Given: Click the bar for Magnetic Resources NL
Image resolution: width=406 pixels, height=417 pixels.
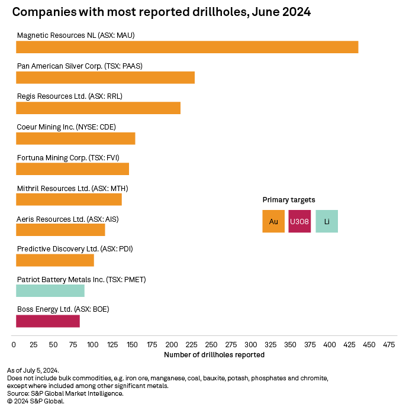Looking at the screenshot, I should (187, 47).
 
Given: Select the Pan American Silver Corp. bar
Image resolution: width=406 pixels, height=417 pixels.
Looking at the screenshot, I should (105, 77).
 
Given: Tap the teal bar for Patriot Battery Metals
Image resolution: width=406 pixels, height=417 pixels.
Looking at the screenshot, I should (50, 290).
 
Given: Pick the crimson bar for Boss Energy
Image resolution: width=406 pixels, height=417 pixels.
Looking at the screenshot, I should (48, 321).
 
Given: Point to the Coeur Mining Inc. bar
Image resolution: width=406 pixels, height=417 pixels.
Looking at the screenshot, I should (76, 138).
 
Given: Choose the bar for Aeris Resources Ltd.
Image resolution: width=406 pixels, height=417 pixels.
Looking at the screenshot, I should (60, 229).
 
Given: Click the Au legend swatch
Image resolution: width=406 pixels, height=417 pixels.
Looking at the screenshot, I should (273, 221).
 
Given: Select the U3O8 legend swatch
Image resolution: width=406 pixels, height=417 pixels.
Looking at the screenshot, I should (299, 221).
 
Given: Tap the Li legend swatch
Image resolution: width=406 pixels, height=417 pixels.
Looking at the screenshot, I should (327, 221).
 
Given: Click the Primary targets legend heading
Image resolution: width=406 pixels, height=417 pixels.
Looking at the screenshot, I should (289, 200).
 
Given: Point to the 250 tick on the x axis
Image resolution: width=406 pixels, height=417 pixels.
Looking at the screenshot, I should (192, 344).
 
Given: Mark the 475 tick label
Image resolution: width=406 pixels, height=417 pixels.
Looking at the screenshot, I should (389, 344).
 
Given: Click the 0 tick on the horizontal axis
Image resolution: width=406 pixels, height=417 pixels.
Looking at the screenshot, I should (14, 344).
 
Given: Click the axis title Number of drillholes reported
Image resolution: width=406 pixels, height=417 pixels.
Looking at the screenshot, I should (214, 355).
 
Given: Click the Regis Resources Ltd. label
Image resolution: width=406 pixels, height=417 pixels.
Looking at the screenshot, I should (69, 96).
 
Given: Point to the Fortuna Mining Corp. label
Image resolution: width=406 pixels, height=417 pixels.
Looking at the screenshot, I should (68, 157).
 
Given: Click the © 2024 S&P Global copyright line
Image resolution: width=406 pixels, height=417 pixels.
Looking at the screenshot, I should (36, 401).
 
